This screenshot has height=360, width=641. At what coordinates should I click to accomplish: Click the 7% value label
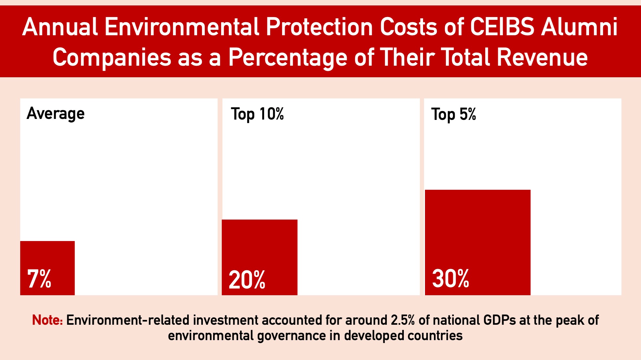(x=39, y=279)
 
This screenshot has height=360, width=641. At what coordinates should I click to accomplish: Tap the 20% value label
(x=247, y=280)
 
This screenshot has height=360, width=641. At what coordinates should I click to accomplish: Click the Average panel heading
(x=55, y=114)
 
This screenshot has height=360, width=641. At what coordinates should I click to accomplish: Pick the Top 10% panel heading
(x=257, y=114)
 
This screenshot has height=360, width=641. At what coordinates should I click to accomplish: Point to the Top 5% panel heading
(x=454, y=114)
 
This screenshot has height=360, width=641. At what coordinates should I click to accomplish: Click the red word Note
(x=47, y=320)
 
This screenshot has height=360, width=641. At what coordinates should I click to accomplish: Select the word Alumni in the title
(x=579, y=27)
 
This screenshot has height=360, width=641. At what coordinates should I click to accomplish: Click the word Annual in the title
(x=60, y=27)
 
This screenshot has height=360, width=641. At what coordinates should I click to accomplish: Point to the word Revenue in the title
(x=542, y=57)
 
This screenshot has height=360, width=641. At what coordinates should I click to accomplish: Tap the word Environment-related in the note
(x=128, y=320)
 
